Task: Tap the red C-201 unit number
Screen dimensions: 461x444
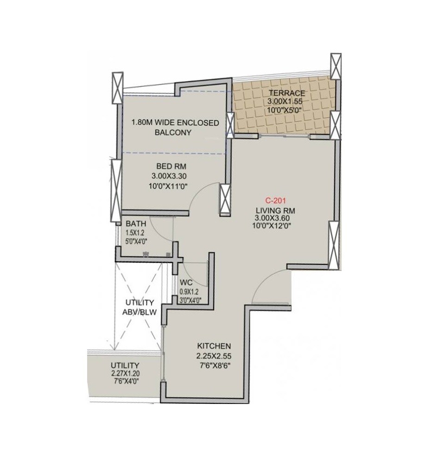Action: pos(276,201)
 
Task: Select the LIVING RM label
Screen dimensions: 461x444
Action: pos(276,210)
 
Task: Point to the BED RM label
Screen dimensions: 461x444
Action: pos(168,166)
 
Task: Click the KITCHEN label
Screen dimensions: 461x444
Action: pos(214,346)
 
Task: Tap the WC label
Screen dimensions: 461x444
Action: pos(187,283)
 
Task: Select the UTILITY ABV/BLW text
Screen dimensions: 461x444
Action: pos(139,307)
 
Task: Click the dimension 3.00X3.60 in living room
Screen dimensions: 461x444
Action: pos(276,218)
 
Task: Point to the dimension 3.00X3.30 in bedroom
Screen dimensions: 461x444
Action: pos(168,176)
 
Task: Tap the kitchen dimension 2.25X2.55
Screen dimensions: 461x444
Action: pos(214,356)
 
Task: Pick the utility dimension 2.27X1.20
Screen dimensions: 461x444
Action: pos(126,373)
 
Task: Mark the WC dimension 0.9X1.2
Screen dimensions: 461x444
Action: pos(189,292)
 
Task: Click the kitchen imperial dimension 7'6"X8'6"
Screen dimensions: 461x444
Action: pos(214,366)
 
